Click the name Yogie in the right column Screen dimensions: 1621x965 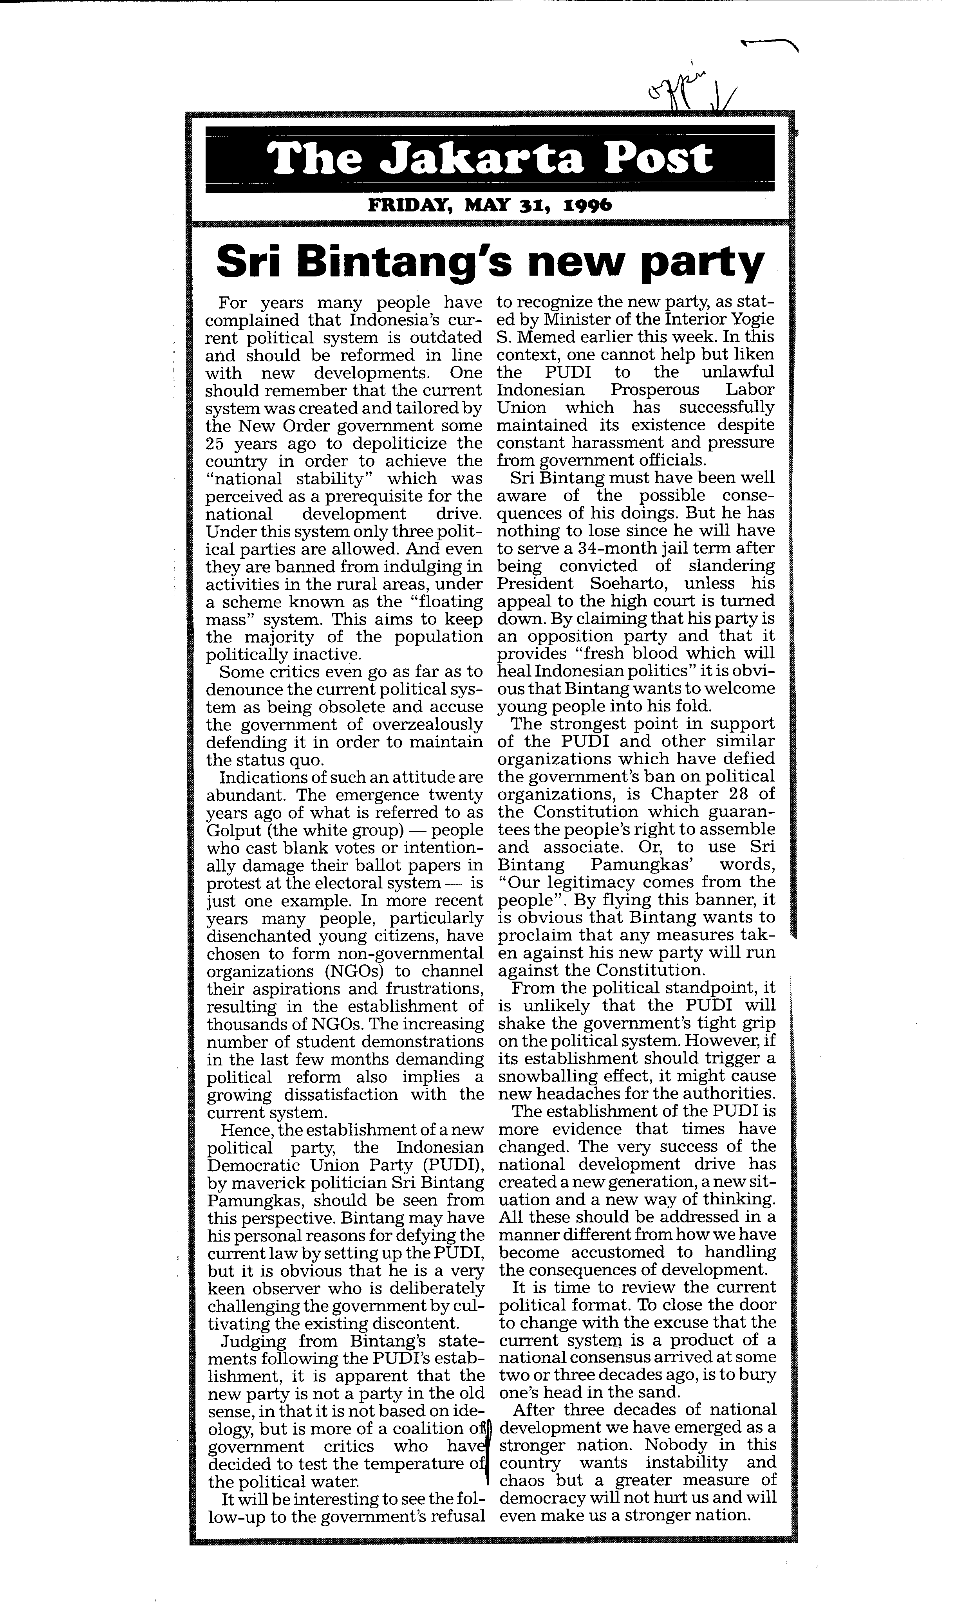[753, 320]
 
